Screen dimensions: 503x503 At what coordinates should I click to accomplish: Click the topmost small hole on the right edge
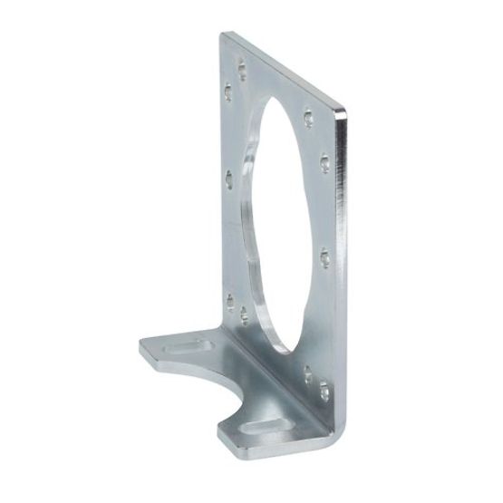310,115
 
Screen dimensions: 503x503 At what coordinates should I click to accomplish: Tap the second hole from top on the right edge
324,163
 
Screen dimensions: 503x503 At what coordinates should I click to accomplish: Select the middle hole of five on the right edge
324,254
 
